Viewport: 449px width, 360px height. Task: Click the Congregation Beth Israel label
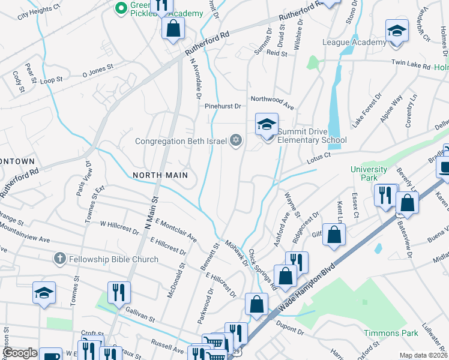click(181, 142)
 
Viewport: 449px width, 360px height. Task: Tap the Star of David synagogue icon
click(236, 141)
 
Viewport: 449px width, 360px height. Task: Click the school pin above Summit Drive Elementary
click(267, 125)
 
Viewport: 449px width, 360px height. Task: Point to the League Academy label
click(354, 42)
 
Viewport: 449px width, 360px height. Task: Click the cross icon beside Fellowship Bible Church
click(59, 259)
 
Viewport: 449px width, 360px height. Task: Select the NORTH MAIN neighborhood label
click(160, 175)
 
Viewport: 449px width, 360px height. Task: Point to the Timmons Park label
click(390, 333)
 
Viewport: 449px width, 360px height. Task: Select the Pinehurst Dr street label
click(222, 106)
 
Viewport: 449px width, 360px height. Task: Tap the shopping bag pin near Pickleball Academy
click(173, 28)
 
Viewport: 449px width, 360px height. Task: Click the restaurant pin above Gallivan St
click(119, 293)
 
